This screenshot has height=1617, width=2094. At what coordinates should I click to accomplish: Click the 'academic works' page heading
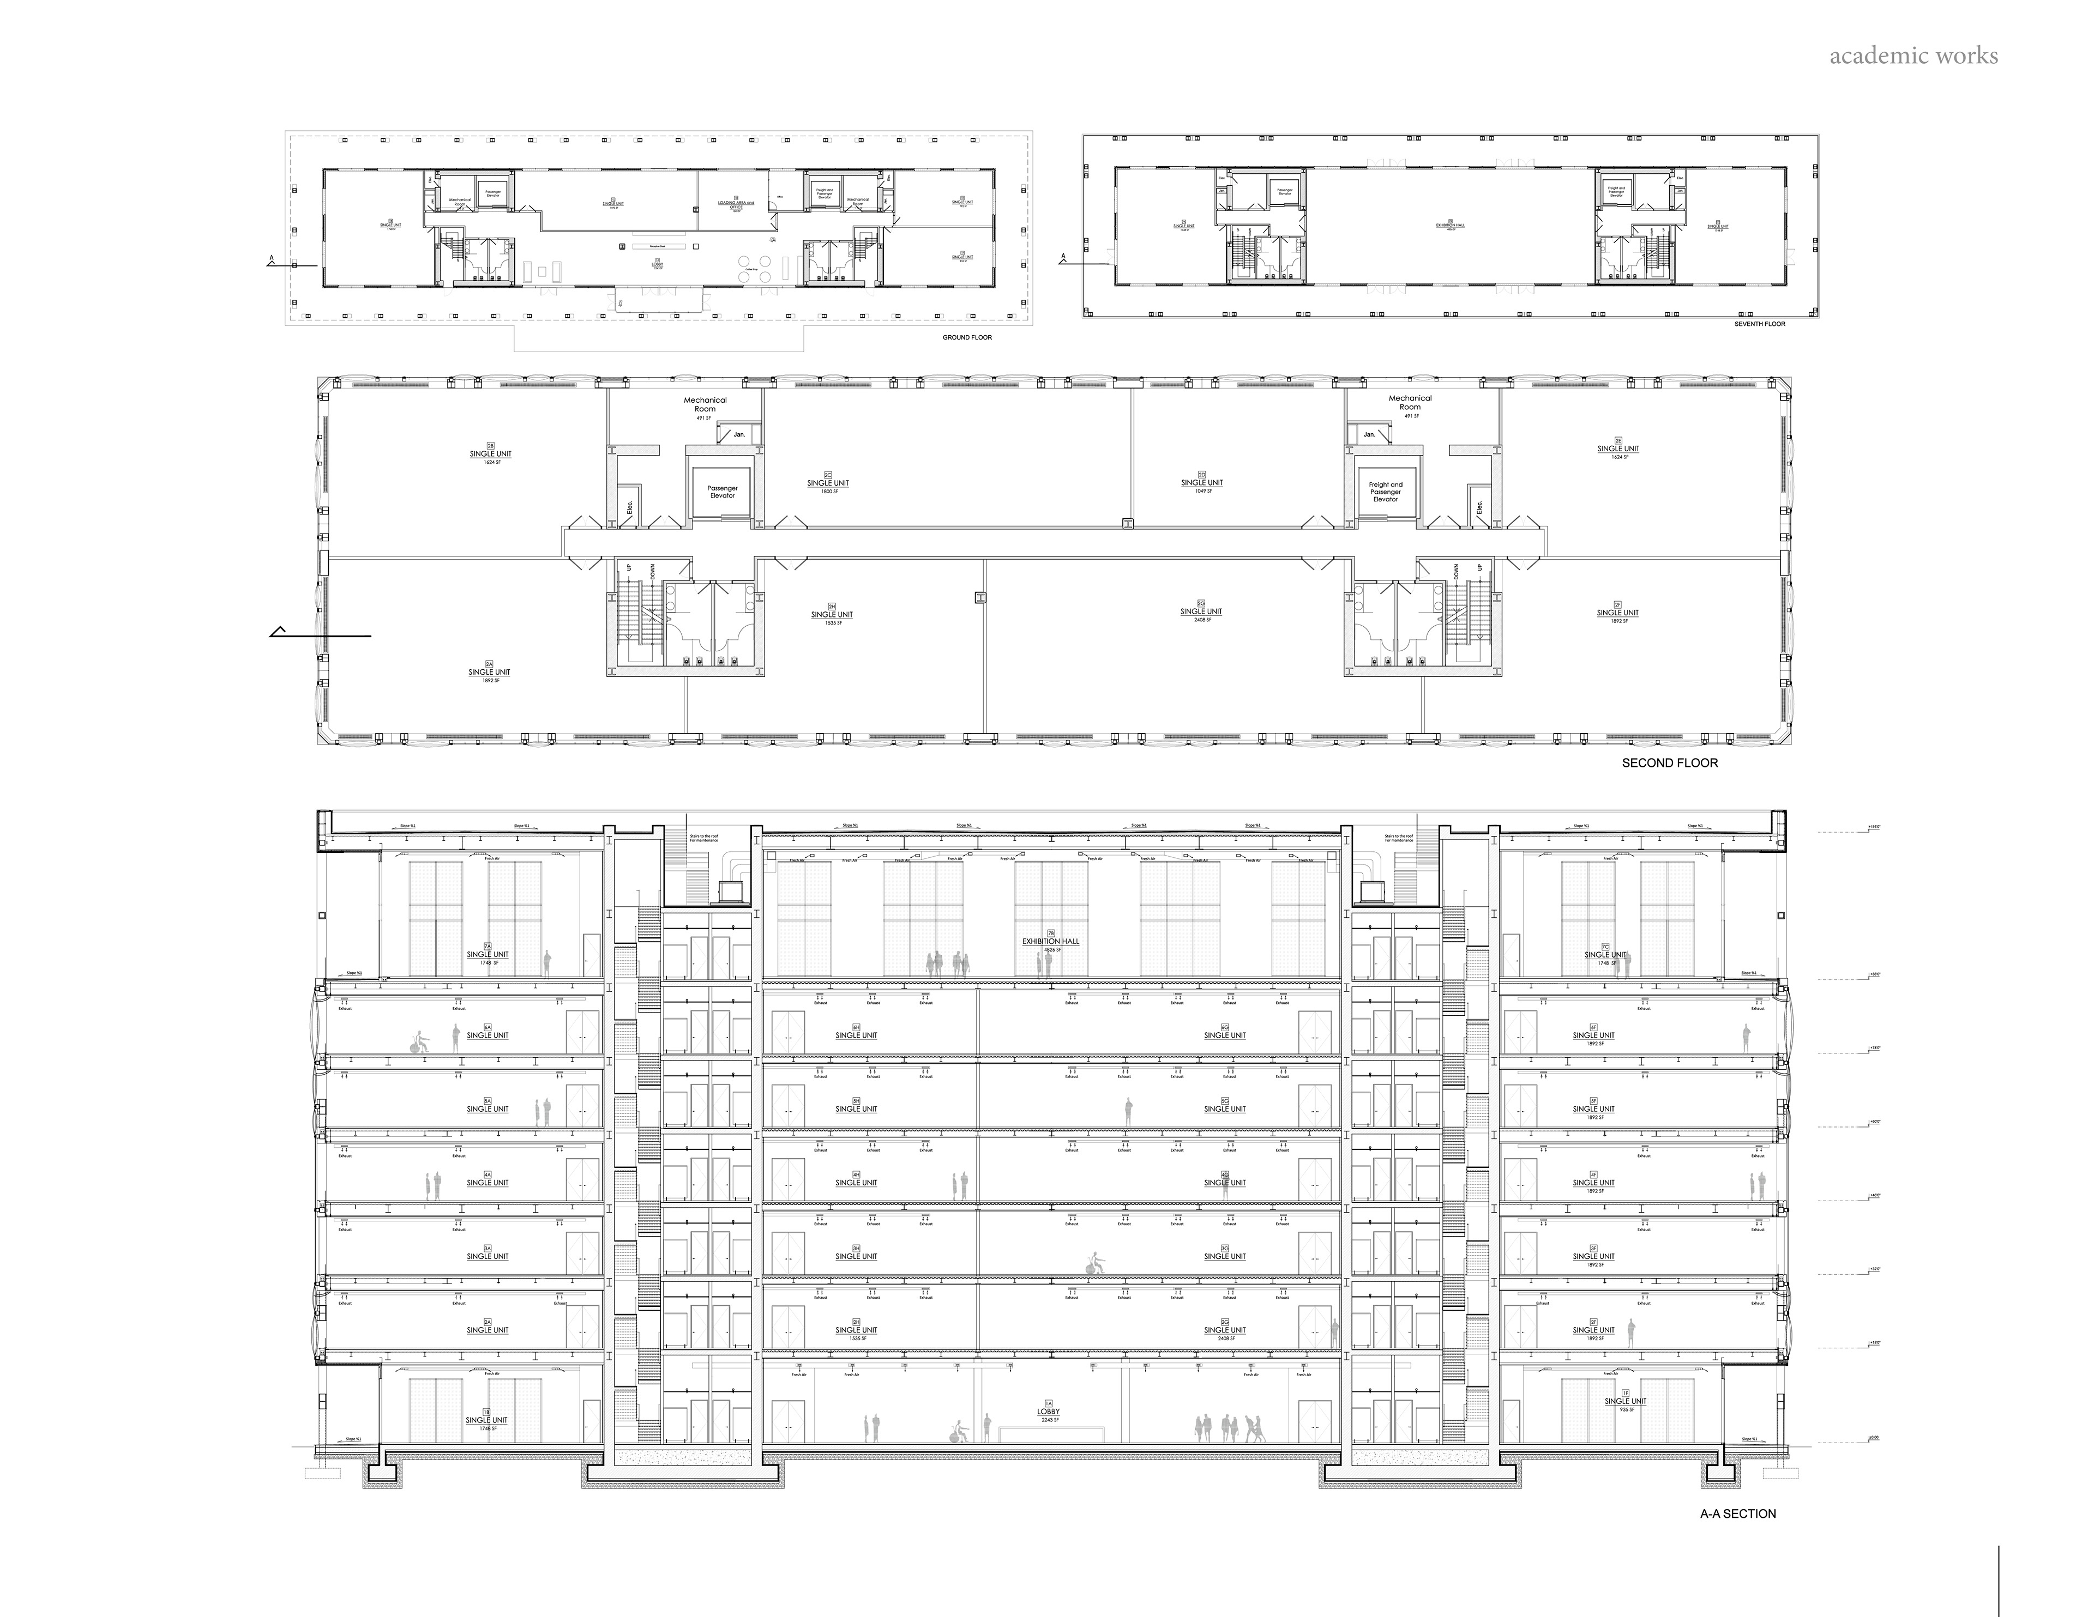(1913, 56)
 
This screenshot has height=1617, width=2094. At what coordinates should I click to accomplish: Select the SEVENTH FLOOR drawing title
(1759, 324)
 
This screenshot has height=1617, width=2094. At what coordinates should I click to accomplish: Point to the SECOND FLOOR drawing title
(1669, 763)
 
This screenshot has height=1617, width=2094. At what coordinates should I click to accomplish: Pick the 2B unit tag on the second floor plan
(490, 446)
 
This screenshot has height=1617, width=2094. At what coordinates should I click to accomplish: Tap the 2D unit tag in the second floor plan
(1201, 475)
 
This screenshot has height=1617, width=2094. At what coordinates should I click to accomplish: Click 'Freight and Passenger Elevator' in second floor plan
(1386, 492)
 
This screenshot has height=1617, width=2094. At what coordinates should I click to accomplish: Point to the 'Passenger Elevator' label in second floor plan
(722, 492)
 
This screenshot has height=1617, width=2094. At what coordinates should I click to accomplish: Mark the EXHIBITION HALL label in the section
(1050, 941)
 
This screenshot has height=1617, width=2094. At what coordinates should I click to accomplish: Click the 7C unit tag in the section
(1605, 946)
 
